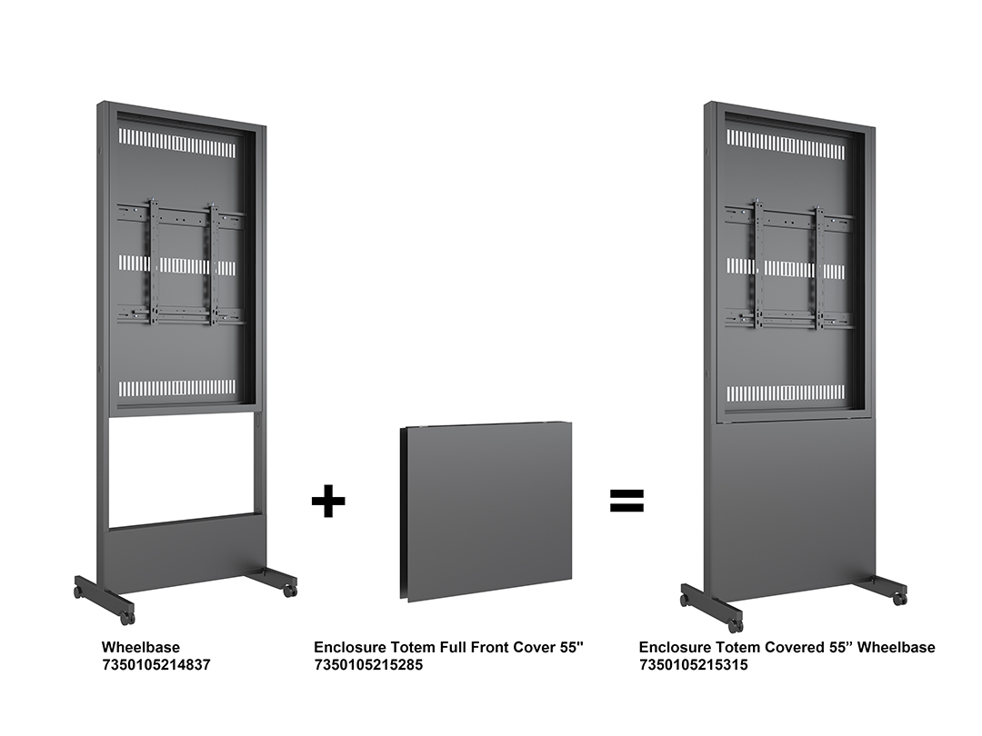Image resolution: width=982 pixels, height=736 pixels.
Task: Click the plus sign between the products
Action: pyautogui.click(x=328, y=501)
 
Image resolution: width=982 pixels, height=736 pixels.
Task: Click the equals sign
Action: pyautogui.click(x=626, y=501)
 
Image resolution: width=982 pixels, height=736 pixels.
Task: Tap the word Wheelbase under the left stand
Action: pyautogui.click(x=141, y=647)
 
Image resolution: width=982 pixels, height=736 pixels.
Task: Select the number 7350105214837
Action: pyautogui.click(x=156, y=664)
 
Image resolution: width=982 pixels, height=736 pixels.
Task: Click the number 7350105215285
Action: pyautogui.click(x=368, y=664)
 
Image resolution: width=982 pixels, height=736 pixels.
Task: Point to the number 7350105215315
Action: pyautogui.click(x=693, y=664)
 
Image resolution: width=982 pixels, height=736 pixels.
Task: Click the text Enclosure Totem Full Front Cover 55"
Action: pyautogui.click(x=448, y=647)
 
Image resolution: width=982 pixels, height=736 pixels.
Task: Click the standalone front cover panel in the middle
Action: pyautogui.click(x=486, y=512)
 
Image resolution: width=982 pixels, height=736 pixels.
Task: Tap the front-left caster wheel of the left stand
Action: pyautogui.click(x=128, y=618)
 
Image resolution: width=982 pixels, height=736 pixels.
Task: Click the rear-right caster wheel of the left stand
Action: pyautogui.click(x=289, y=590)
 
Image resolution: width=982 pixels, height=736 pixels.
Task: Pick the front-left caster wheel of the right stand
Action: pyautogui.click(x=735, y=624)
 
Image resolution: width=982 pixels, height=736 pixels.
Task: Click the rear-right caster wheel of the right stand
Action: pyautogui.click(x=899, y=598)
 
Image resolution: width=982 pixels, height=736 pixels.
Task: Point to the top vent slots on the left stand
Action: pyautogui.click(x=177, y=144)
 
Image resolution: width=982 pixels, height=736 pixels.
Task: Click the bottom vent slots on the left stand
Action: pyautogui.click(x=177, y=388)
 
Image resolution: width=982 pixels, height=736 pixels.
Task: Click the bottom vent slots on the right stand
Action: pyautogui.click(x=786, y=393)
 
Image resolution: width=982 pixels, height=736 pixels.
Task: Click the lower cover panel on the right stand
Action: pyautogui.click(x=792, y=506)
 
